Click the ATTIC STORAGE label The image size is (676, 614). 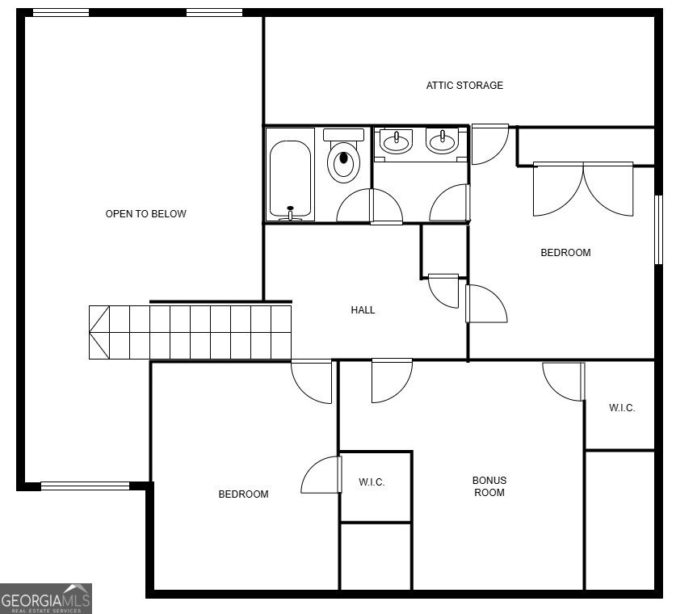tap(464, 86)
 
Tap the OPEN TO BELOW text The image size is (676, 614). tap(146, 214)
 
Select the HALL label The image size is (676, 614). tap(363, 310)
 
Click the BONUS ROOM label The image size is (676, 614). tap(489, 486)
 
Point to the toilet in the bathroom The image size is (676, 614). tap(343, 158)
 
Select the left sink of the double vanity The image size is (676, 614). tap(396, 142)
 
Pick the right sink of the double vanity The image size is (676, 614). tap(442, 142)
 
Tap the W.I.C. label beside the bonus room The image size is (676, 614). tap(372, 483)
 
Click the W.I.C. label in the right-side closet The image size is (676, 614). tap(622, 408)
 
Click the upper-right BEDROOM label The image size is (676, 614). tap(565, 253)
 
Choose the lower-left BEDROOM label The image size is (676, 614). tap(243, 494)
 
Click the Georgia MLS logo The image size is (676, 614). tap(46, 599)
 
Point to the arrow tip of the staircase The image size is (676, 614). tap(91, 332)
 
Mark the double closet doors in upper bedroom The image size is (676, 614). tap(583, 190)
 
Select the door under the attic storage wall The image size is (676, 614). tap(490, 145)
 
